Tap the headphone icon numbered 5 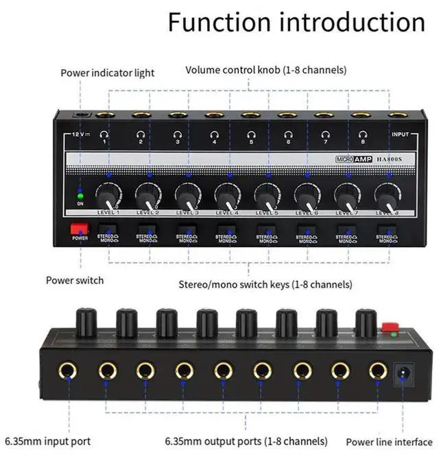pyautogui.click(x=250, y=135)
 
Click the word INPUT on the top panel pyautogui.click(x=399, y=136)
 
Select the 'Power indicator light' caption pyautogui.click(x=108, y=73)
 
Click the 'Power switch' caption pyautogui.click(x=75, y=279)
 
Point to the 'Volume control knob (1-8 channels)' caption pyautogui.click(x=265, y=70)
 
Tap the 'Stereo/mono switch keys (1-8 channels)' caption pyautogui.click(x=265, y=283)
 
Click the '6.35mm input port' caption pyautogui.click(x=47, y=441)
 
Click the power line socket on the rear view pyautogui.click(x=403, y=374)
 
